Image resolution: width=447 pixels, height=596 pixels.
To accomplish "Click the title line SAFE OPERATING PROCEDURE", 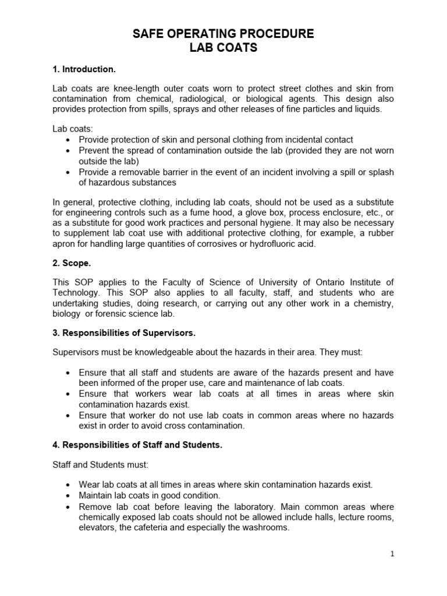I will [223, 34].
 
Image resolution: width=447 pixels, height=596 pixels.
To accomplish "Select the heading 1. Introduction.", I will [84, 69].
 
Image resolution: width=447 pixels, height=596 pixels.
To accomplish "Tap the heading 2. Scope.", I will [72, 262].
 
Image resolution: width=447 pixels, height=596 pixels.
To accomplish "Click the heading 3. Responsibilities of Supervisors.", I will [124, 334].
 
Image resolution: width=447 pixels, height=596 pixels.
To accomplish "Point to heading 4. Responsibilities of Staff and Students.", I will [137, 445].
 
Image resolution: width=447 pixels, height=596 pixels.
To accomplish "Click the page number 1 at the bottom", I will [393, 554].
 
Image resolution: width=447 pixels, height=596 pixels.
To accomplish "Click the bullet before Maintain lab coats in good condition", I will [70, 496].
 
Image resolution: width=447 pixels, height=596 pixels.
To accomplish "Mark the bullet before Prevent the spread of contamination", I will [70, 151].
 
